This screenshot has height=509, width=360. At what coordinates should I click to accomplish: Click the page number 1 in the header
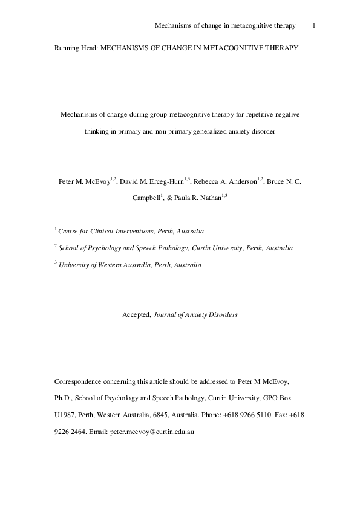click(x=315, y=26)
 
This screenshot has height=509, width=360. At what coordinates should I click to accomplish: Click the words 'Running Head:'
click(x=75, y=47)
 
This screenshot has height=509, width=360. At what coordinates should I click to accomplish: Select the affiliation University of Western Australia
click(x=105, y=264)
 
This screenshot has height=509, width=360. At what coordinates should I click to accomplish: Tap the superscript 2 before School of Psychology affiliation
click(x=56, y=246)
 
